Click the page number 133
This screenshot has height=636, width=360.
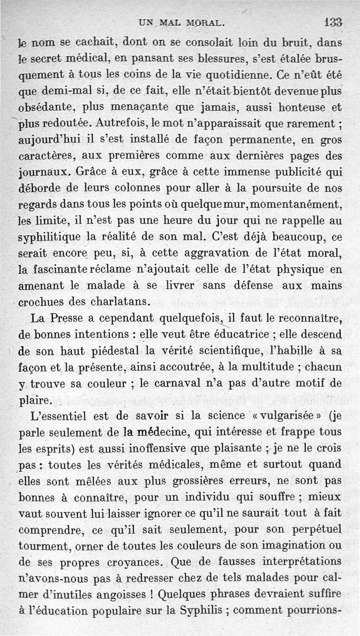(332, 22)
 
